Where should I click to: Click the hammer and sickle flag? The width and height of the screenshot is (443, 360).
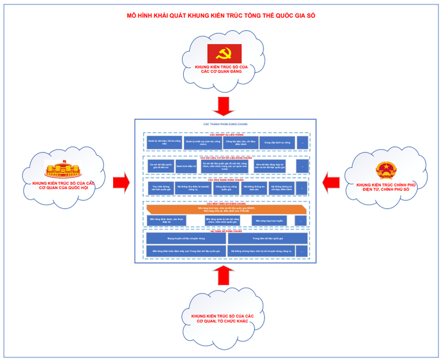click(x=224, y=53)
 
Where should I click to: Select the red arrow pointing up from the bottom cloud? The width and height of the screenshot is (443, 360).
click(x=225, y=276)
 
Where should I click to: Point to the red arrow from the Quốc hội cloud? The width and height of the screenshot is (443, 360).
click(x=122, y=179)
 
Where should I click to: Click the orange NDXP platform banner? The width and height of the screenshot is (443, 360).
click(x=226, y=210)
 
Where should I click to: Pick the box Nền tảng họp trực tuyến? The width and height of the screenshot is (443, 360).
click(x=268, y=221)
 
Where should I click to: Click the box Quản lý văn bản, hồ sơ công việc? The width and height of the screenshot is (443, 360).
click(x=163, y=143)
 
